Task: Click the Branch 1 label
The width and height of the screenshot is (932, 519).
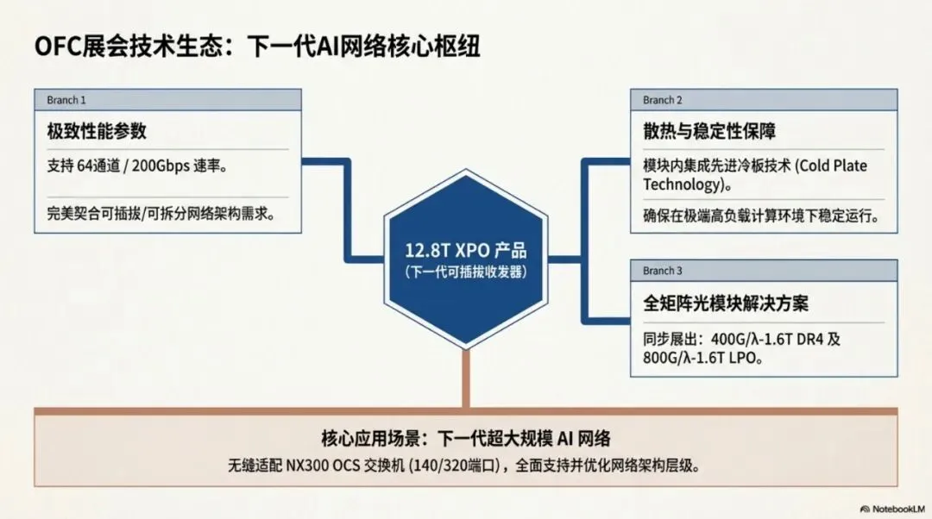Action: point(66,100)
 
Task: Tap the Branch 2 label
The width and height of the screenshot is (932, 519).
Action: point(662,100)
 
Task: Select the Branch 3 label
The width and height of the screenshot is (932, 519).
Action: point(662,271)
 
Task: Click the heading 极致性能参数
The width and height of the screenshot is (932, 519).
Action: point(97,131)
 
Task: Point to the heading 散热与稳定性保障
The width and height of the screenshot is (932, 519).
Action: point(709,131)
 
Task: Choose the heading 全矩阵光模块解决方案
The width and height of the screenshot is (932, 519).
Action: point(726,303)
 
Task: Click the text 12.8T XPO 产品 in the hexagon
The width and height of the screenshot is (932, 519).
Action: point(466,251)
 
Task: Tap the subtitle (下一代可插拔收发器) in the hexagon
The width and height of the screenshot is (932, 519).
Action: point(466,272)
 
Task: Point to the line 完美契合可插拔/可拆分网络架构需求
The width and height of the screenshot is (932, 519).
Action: point(161,213)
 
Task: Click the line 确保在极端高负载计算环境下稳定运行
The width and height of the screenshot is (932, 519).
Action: point(760,216)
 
